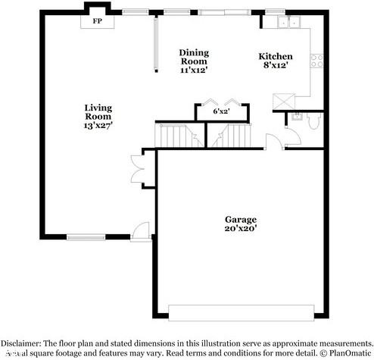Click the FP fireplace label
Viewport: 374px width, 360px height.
98,21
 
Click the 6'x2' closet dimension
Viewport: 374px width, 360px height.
221,111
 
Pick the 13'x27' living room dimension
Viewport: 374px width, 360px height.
98,127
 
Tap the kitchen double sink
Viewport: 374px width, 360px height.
288,23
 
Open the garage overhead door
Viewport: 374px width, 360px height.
241,312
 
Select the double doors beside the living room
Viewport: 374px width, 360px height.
136,171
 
